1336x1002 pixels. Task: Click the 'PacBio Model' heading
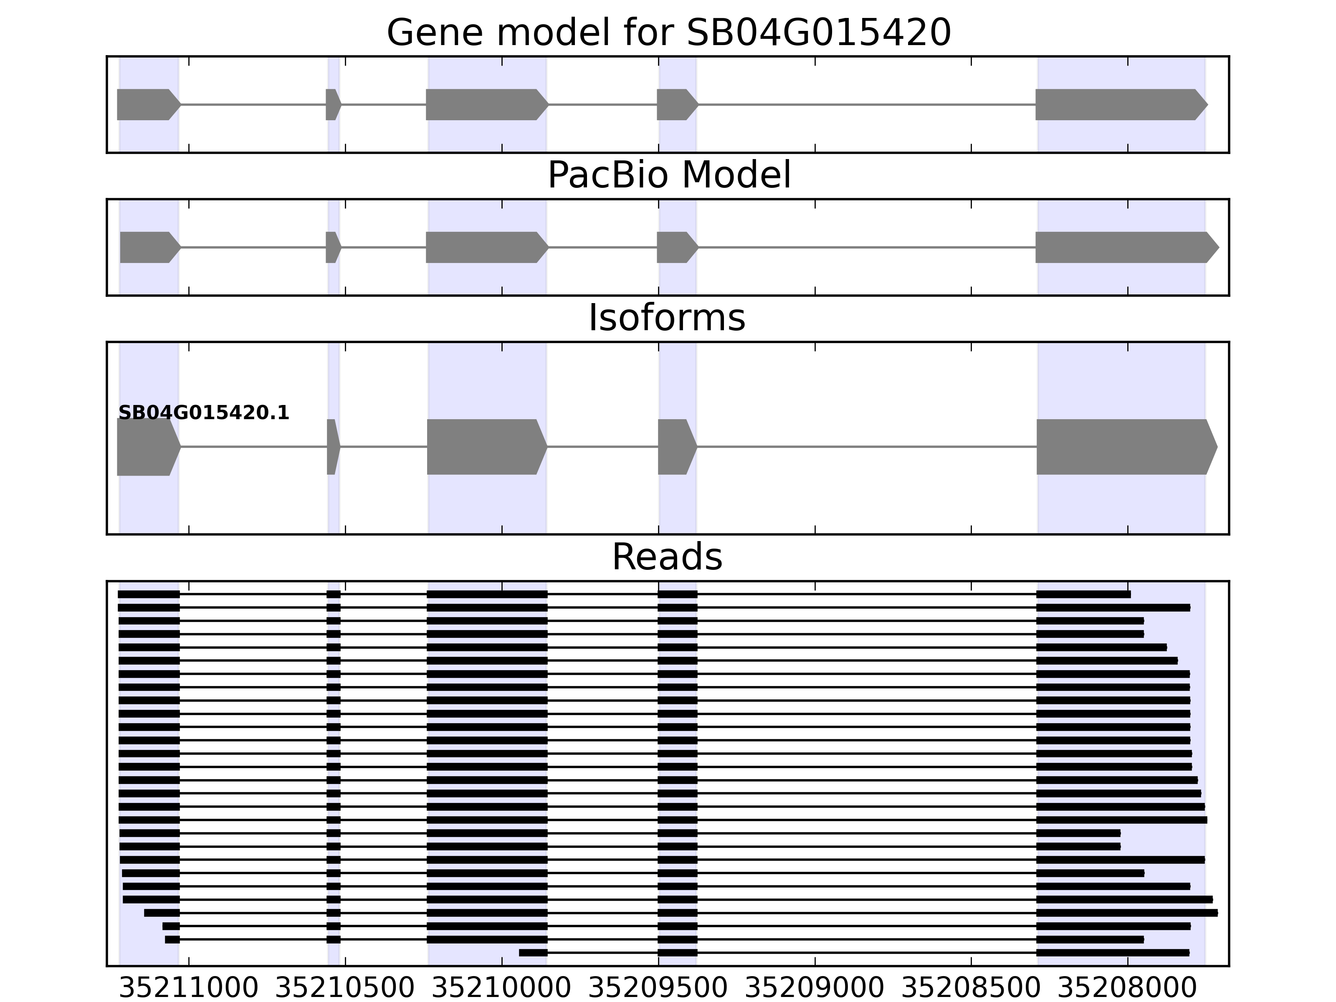pos(668,175)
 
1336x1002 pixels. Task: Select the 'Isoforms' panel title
pos(667,318)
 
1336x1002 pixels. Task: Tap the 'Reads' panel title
pos(667,557)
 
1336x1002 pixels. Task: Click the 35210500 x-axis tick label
pos(345,988)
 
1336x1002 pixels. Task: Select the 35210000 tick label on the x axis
pos(501,988)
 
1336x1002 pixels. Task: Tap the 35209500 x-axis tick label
pos(658,988)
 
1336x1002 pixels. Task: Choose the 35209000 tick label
pos(814,988)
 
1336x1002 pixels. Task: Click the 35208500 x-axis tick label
pos(971,988)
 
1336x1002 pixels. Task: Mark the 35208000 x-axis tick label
pos(1127,988)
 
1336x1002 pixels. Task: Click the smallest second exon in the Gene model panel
pos(333,104)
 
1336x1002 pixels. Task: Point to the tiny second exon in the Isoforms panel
pos(333,447)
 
